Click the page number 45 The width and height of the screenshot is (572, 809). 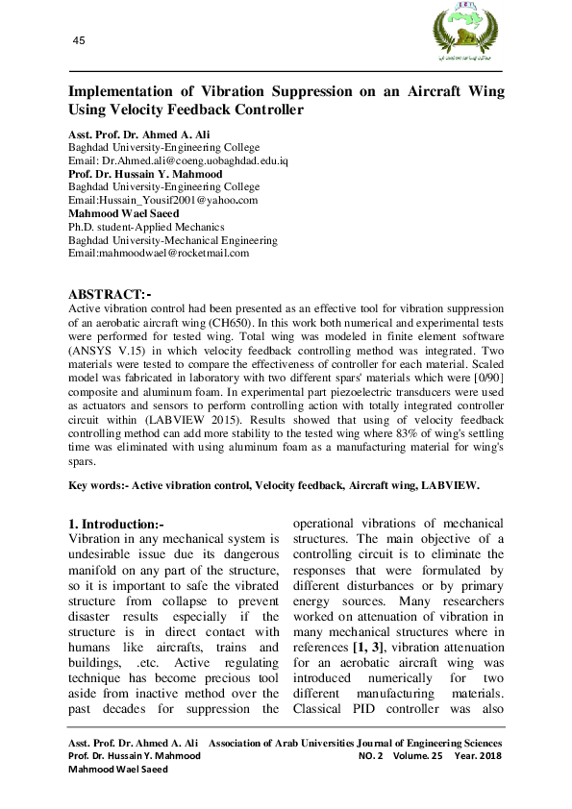(x=79, y=39)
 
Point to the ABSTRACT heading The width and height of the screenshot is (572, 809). (x=110, y=293)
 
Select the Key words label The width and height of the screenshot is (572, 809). (x=98, y=486)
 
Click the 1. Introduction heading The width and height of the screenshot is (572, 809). (x=115, y=525)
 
